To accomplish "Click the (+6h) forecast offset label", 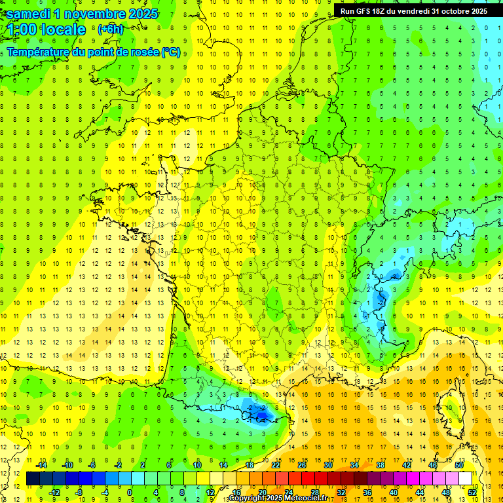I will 110,29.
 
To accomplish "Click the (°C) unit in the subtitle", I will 172,52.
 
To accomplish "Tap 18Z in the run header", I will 384,11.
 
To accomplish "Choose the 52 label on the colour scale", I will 472,493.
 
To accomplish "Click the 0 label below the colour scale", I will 130,493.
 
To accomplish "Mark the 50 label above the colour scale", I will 458,465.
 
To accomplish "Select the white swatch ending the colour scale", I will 466,479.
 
